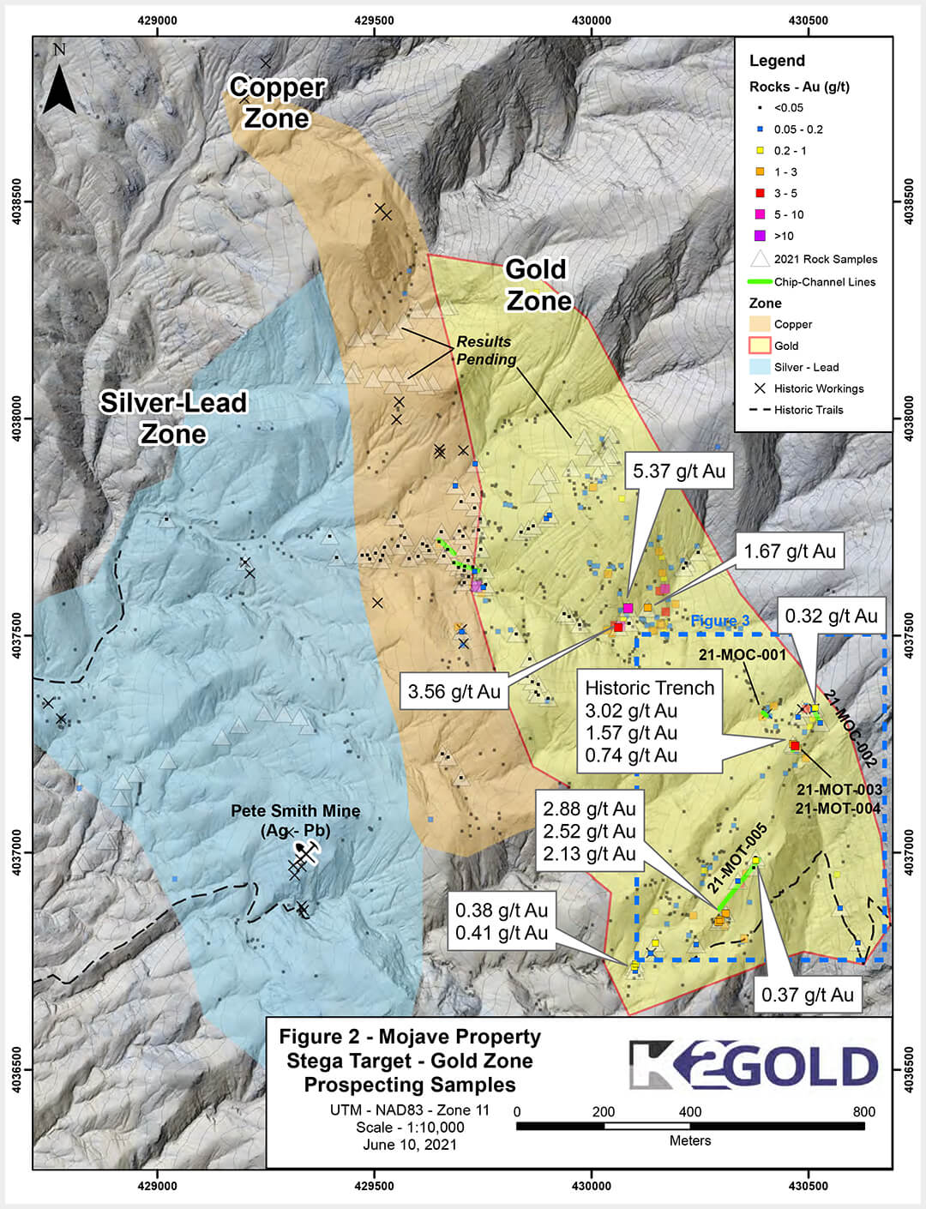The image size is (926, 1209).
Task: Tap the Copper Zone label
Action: pyautogui.click(x=276, y=102)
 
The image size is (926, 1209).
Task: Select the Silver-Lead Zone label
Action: pyautogui.click(x=173, y=418)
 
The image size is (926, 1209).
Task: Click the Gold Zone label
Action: pyautogui.click(x=538, y=285)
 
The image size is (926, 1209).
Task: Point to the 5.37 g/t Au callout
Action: pyautogui.click(x=678, y=471)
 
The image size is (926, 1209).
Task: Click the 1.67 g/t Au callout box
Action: pyautogui.click(x=789, y=551)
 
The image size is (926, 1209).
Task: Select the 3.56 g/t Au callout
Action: pyautogui.click(x=454, y=691)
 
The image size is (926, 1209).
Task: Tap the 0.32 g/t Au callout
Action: pyautogui.click(x=831, y=616)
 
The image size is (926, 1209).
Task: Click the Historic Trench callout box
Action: pyautogui.click(x=649, y=721)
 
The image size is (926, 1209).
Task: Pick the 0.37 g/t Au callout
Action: pyautogui.click(x=807, y=995)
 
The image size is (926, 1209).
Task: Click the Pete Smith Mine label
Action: pyautogui.click(x=296, y=820)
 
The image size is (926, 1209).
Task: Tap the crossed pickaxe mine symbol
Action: pyautogui.click(x=304, y=852)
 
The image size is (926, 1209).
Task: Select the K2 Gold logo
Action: pyautogui.click(x=753, y=1065)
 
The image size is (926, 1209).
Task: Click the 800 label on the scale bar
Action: pyautogui.click(x=863, y=1112)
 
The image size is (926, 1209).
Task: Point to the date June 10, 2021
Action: pyautogui.click(x=410, y=1145)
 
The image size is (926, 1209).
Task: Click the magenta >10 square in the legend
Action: pyautogui.click(x=760, y=236)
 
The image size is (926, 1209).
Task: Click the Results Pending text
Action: pyautogui.click(x=485, y=351)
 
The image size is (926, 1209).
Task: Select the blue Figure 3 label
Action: pyautogui.click(x=719, y=621)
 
